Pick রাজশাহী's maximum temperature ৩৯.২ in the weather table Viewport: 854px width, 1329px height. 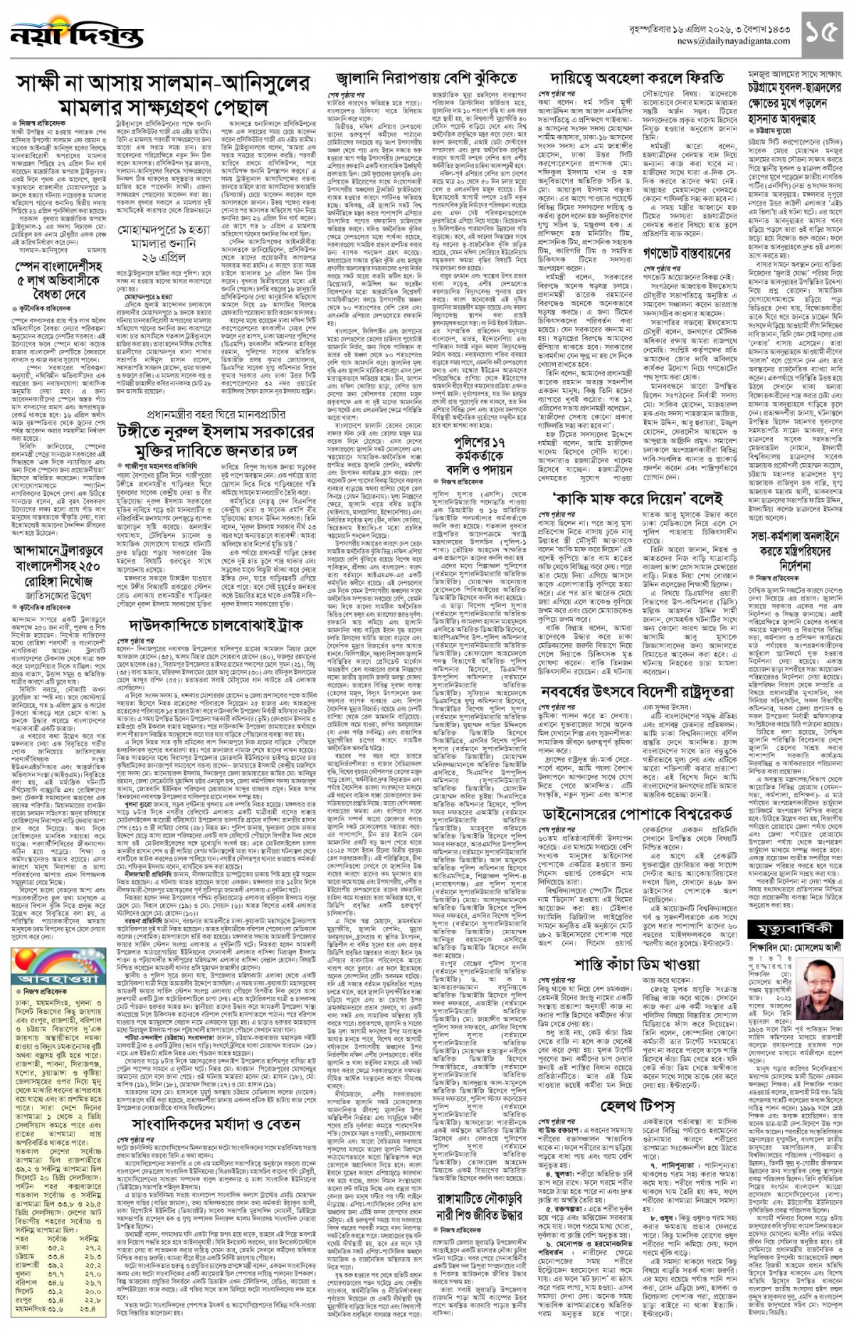56,1265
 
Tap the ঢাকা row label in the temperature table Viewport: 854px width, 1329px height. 22,1248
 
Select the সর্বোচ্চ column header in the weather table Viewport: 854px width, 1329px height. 57,1239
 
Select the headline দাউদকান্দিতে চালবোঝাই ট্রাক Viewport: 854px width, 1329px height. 217,625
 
